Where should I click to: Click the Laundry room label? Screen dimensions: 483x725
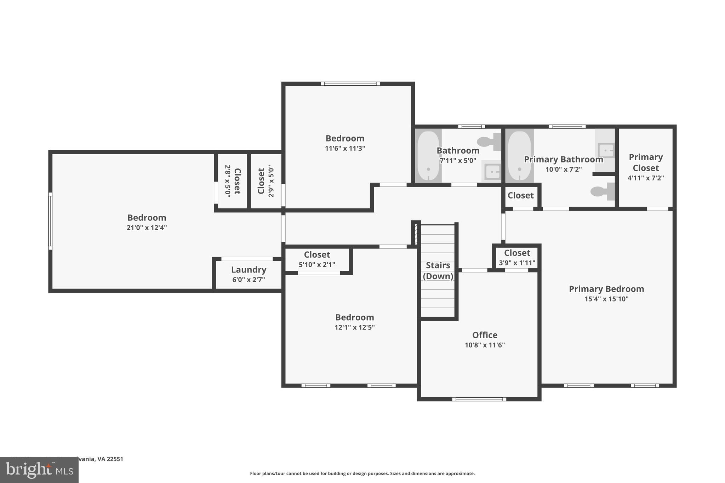tap(249, 270)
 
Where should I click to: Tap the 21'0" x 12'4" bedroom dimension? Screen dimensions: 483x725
tap(147, 228)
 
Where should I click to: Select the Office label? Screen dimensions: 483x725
tap(485, 335)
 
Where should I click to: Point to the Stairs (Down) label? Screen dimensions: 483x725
tap(438, 271)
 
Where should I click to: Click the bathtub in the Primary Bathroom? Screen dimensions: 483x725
tap(519, 156)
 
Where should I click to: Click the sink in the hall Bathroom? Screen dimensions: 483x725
tap(492, 172)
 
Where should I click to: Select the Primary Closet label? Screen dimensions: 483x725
tap(645, 162)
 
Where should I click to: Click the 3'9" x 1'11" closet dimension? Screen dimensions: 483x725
tap(517, 263)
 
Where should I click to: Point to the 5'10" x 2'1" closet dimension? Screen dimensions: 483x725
tap(317, 264)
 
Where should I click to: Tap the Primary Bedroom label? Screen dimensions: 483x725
tap(606, 289)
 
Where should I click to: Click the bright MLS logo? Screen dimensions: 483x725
tap(39, 470)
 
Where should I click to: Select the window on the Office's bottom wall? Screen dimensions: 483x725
tap(479, 399)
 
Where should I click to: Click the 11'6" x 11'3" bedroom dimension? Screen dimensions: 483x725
tap(345, 148)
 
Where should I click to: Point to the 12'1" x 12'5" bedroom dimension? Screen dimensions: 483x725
tap(354, 327)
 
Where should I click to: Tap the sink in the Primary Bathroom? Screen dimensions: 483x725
tap(606, 150)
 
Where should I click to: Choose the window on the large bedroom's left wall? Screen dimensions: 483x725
tap(50, 221)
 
